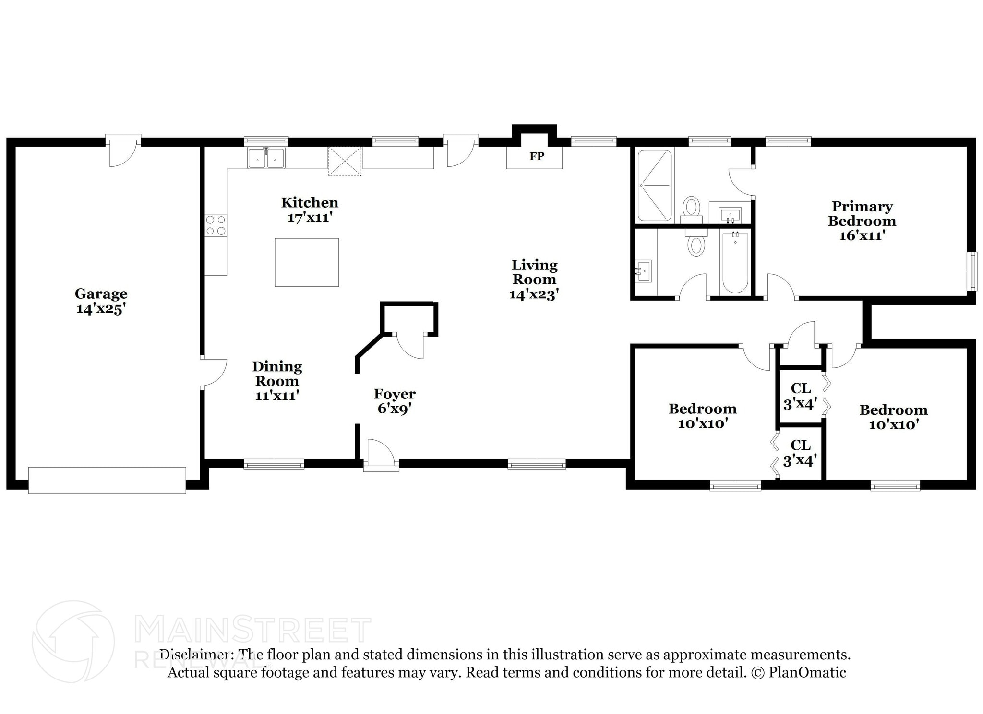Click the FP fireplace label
[537, 156]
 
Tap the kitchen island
[307, 262]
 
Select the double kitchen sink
[266, 158]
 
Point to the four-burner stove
[216, 225]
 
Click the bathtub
[735, 262]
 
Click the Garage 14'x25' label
[101, 301]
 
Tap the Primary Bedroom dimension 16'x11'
[862, 235]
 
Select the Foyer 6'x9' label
[395, 401]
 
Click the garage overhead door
[107, 480]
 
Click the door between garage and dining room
[213, 372]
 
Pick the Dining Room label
[277, 374]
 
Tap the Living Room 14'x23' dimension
[534, 294]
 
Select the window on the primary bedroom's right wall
[972, 271]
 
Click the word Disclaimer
[194, 655]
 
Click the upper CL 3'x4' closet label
[800, 396]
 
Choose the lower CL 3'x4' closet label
[800, 453]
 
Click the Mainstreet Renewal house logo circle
[73, 642]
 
